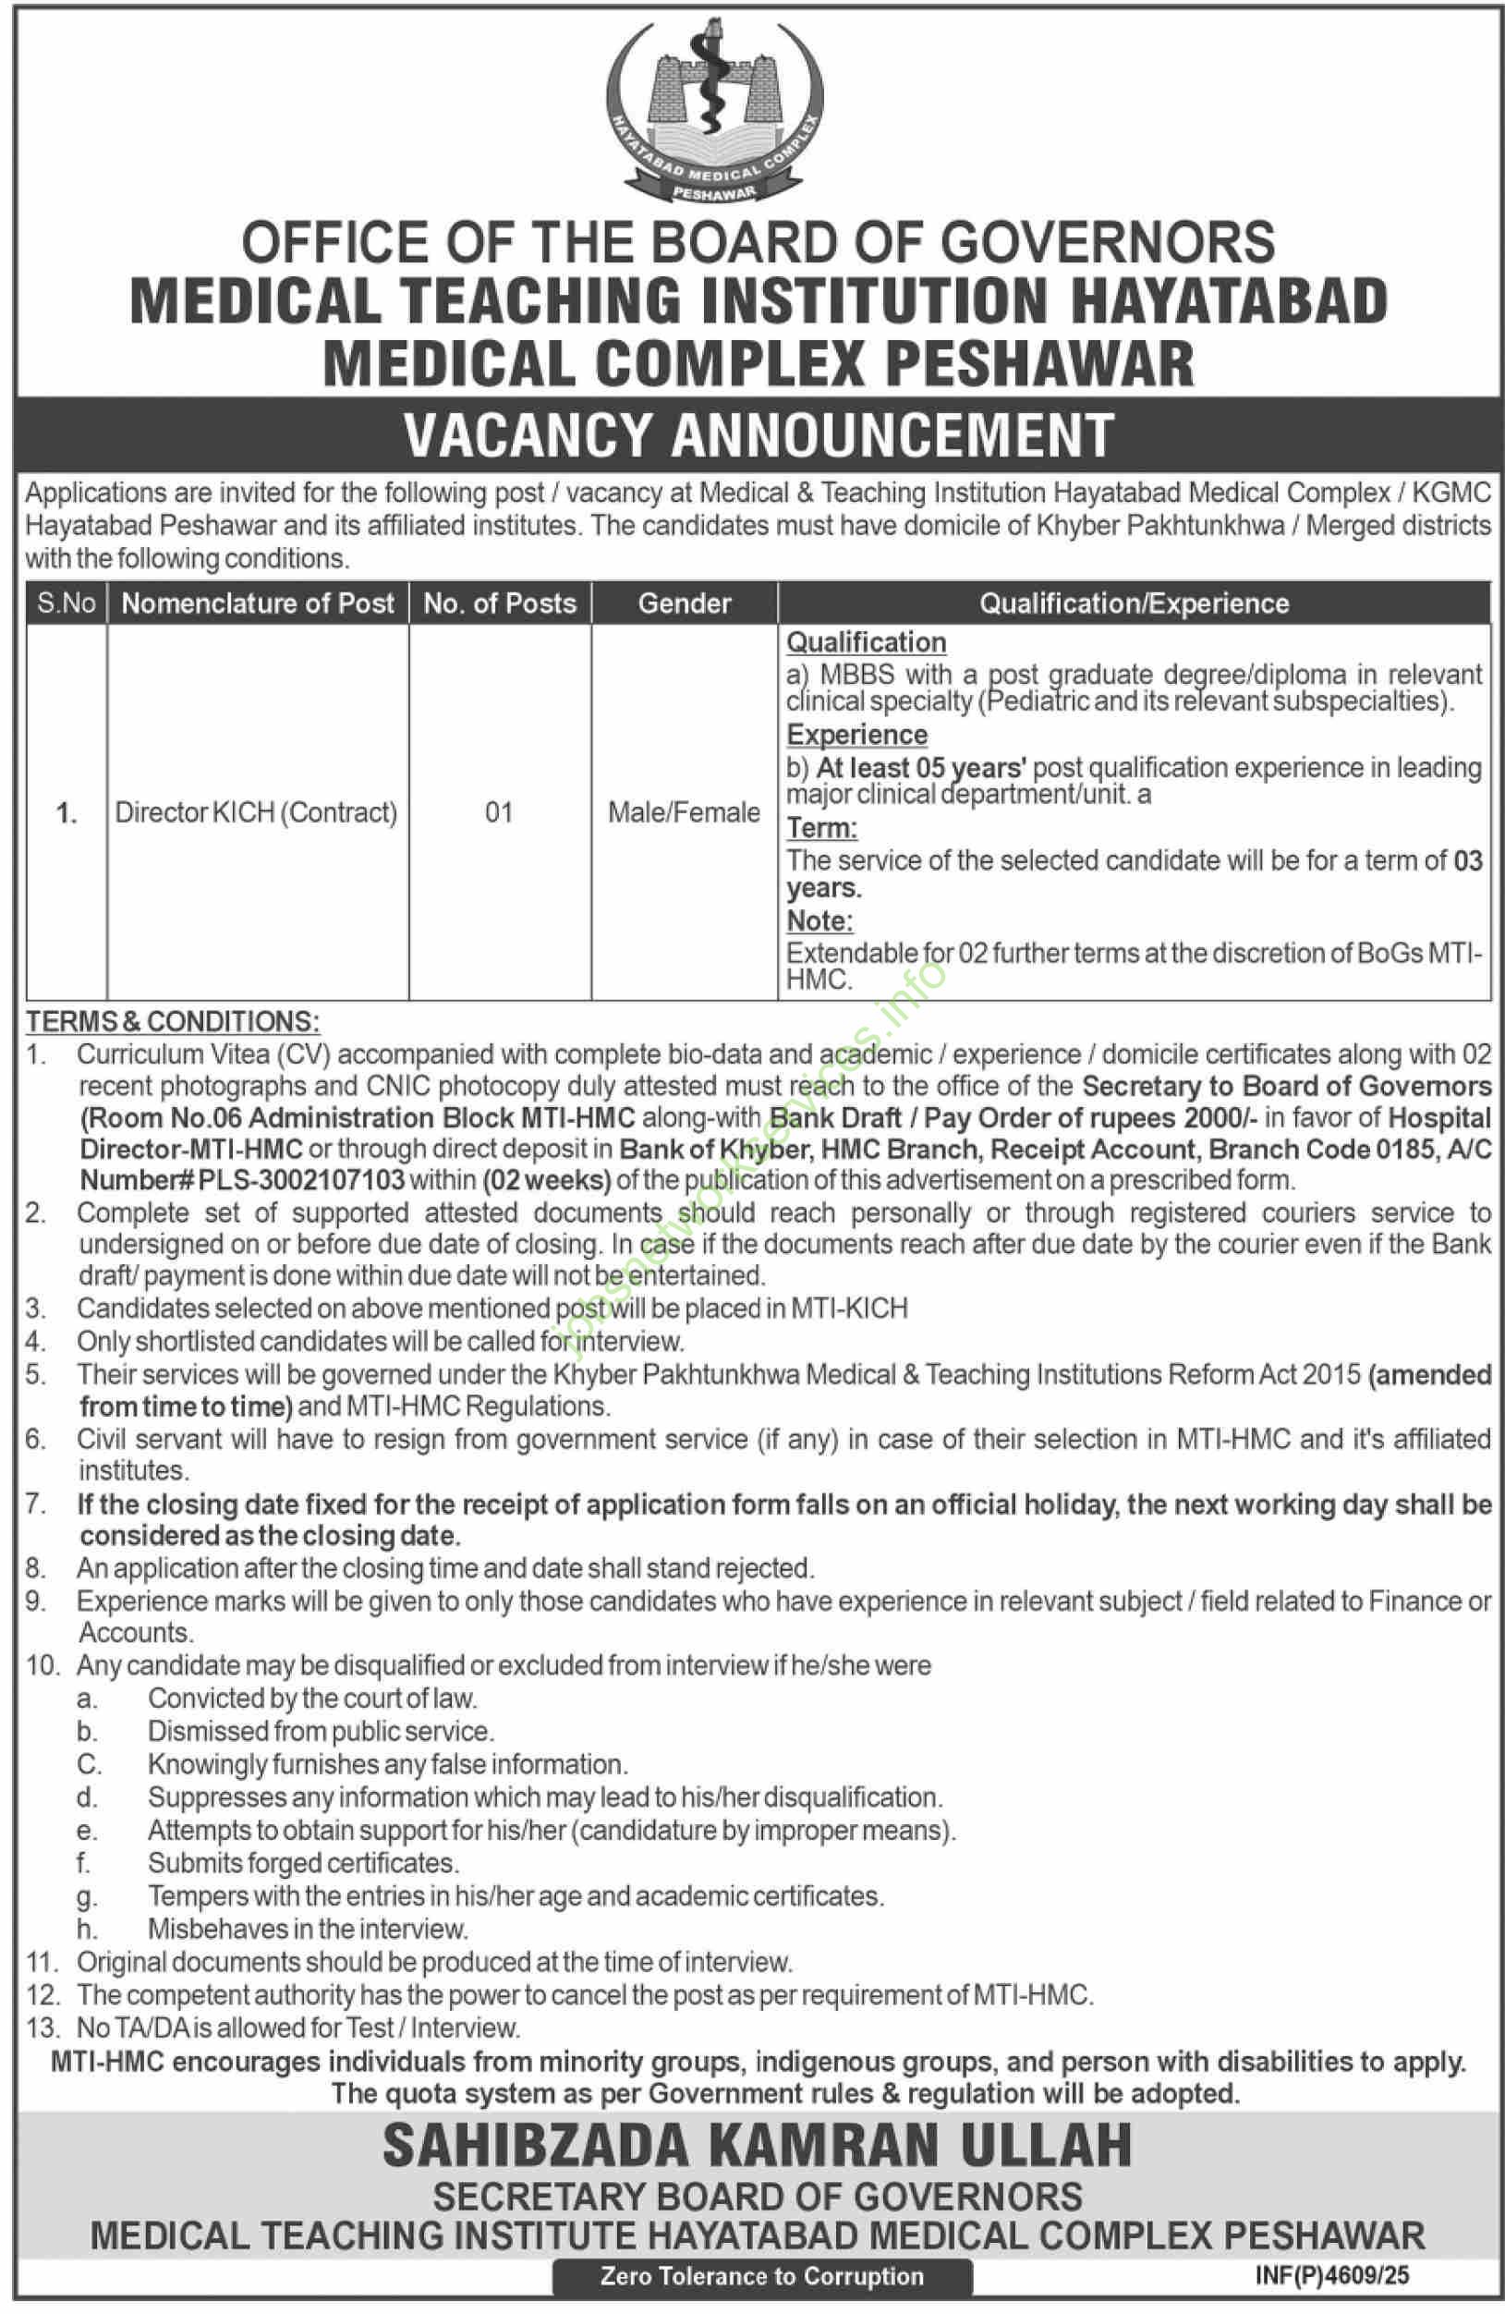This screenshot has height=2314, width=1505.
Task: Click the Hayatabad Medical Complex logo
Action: (x=714, y=110)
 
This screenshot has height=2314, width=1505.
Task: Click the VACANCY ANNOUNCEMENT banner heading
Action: (x=759, y=434)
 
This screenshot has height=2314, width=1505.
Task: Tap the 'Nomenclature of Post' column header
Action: (x=258, y=603)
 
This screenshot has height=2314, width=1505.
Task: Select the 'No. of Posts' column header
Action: (x=500, y=603)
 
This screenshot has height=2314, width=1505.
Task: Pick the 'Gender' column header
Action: (x=685, y=603)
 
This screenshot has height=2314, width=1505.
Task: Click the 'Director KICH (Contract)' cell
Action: (x=257, y=812)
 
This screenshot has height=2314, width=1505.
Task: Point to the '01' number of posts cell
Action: (x=499, y=812)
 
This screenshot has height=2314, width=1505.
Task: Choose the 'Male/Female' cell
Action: (x=685, y=812)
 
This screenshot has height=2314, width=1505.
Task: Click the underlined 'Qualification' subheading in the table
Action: (x=867, y=641)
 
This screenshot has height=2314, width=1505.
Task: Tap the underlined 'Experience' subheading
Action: (x=856, y=734)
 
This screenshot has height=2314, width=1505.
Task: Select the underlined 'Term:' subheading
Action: (x=821, y=827)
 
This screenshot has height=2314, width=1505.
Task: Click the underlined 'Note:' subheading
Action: (x=819, y=920)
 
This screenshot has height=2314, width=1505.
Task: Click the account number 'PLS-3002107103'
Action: (x=301, y=1180)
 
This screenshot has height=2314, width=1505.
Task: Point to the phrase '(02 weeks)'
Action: (x=546, y=1180)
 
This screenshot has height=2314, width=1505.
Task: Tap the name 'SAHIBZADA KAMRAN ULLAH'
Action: (x=758, y=2148)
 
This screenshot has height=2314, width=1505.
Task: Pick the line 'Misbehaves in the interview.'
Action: (x=308, y=1928)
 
